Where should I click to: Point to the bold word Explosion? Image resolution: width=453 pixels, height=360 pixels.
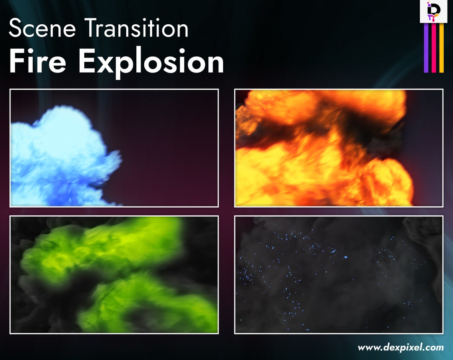click(x=151, y=62)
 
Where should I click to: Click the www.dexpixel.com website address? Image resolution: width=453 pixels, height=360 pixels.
click(x=401, y=347)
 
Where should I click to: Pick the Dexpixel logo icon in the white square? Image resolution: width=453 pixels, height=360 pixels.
click(x=433, y=11)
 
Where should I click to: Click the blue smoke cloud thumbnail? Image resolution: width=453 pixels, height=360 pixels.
click(x=114, y=148)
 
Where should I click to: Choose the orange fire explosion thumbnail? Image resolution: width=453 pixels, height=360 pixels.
click(x=338, y=148)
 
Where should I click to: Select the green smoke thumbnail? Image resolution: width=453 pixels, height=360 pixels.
click(x=114, y=275)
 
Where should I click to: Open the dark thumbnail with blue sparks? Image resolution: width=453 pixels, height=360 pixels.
click(x=338, y=275)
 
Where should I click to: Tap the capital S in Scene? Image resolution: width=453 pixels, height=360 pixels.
click(x=15, y=29)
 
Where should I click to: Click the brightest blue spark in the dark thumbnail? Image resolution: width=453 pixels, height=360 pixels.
click(x=346, y=257)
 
